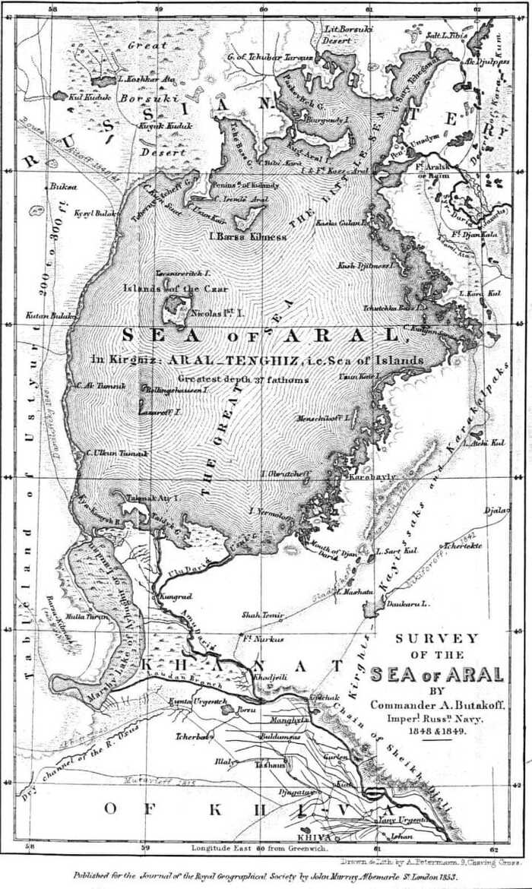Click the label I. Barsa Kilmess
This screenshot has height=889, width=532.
(x=248, y=236)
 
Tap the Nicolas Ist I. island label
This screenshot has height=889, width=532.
(x=217, y=312)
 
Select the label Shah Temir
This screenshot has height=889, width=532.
(x=262, y=615)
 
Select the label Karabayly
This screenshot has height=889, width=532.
(x=363, y=477)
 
